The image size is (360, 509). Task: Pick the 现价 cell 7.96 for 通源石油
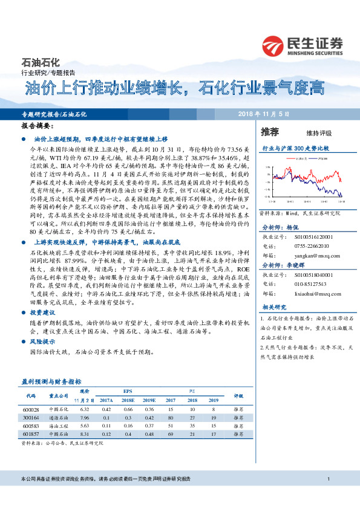[85, 417]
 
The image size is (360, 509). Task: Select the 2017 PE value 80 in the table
[171, 417]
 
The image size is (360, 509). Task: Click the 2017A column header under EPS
[106, 400]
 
